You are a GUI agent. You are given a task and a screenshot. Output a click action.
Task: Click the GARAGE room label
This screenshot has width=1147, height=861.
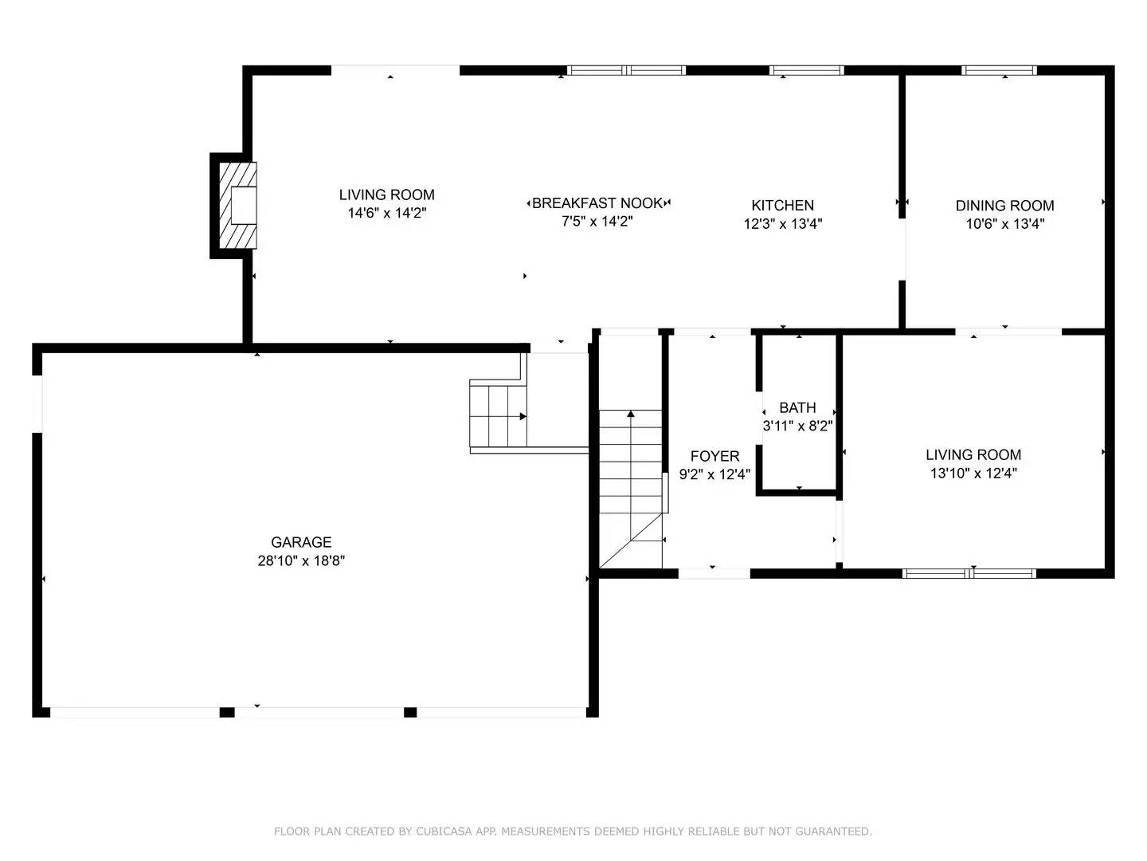click(x=300, y=542)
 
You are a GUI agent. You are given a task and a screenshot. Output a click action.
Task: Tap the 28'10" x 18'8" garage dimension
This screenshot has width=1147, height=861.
click(x=300, y=560)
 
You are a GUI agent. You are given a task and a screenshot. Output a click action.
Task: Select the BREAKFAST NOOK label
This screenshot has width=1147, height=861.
click(x=597, y=203)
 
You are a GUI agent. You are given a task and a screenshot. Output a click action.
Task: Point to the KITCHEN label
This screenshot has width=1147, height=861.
click(x=782, y=205)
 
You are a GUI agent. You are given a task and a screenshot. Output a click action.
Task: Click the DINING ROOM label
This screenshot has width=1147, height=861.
click(x=1004, y=205)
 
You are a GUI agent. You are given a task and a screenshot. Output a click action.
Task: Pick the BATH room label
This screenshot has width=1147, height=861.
click(x=797, y=407)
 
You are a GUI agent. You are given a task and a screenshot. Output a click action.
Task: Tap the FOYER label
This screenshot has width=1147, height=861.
click(x=714, y=456)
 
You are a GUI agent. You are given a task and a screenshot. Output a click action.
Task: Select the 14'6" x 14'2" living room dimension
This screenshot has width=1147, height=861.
click(x=386, y=213)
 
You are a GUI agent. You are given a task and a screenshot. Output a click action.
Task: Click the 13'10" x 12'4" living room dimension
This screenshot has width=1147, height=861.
click(x=973, y=473)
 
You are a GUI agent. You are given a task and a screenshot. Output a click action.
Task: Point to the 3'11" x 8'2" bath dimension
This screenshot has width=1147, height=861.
click(x=797, y=426)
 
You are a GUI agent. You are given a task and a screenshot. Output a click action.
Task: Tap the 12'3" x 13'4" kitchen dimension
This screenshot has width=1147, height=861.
click(x=782, y=223)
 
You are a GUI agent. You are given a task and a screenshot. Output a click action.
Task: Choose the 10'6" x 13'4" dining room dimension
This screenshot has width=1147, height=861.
click(x=1004, y=223)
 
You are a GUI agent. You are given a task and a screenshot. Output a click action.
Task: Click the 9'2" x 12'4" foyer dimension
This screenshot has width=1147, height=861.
click(x=714, y=474)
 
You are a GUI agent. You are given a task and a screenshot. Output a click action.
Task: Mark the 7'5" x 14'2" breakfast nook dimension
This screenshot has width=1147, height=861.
click(x=597, y=222)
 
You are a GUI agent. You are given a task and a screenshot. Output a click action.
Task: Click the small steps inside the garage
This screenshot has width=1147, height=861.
click(x=499, y=415)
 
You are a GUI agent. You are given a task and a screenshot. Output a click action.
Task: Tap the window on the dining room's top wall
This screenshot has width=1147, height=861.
click(x=999, y=70)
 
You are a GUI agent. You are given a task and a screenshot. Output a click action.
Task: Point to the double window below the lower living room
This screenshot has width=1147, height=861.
click(x=969, y=572)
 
